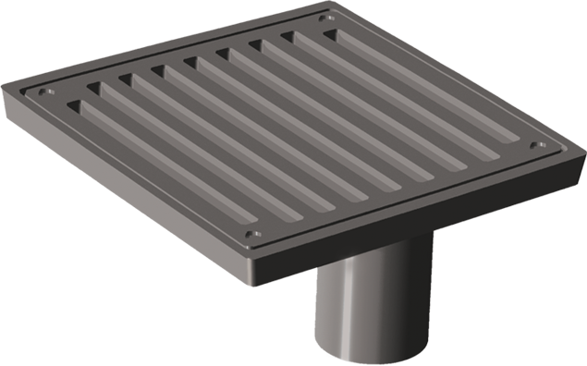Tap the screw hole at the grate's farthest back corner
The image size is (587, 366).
(x=323, y=18)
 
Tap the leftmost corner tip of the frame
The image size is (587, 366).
(x=3, y=87)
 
